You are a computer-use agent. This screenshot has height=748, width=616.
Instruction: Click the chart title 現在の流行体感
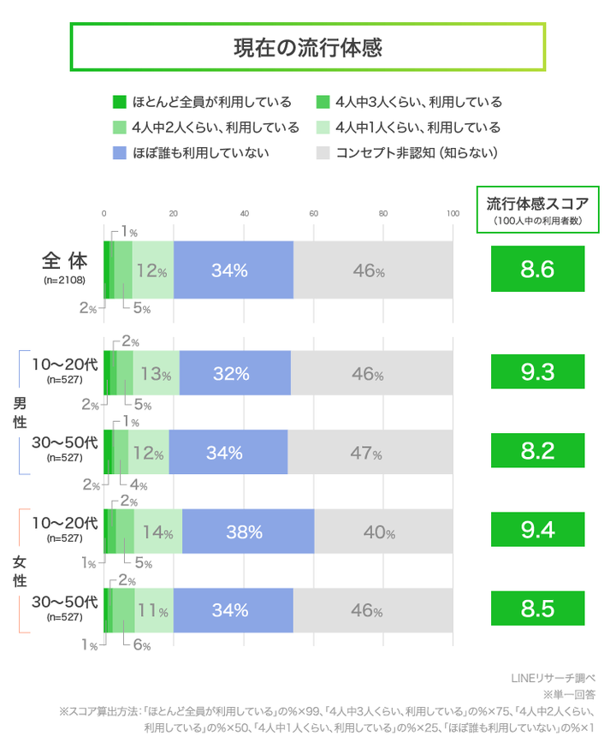(x=307, y=47)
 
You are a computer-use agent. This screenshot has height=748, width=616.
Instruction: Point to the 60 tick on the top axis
(x=313, y=213)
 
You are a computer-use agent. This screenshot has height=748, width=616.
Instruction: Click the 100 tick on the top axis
(x=453, y=213)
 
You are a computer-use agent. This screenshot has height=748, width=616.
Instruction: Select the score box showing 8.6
(x=537, y=270)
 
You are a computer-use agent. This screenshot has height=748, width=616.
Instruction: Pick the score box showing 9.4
(x=537, y=531)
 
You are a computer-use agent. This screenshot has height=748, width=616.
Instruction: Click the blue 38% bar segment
(x=248, y=531)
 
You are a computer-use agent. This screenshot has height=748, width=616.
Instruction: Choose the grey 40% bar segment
(x=383, y=531)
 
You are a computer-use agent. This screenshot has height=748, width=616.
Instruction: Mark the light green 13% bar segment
(x=157, y=373)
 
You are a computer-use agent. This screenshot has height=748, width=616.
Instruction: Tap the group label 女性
(x=19, y=571)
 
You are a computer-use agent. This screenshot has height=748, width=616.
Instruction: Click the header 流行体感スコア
(x=537, y=205)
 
